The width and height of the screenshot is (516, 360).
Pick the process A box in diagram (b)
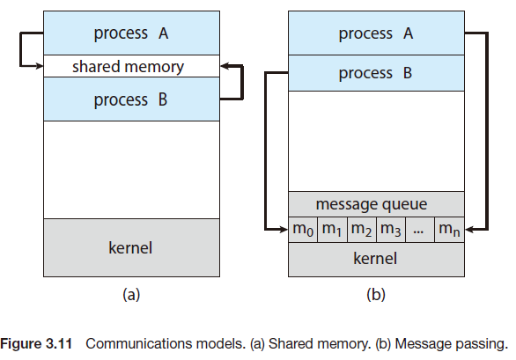376,33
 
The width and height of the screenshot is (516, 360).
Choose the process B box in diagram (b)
376,73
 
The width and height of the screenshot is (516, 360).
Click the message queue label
376,204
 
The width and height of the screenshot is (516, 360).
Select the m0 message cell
303,230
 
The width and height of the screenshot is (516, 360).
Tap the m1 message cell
332,230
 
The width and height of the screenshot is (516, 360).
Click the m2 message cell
361,230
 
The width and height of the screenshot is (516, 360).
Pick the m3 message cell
390,230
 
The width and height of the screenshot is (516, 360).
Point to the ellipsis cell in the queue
418,230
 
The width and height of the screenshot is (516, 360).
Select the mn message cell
448,230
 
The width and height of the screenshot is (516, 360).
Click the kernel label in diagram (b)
376,258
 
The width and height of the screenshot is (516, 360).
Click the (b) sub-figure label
376,296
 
